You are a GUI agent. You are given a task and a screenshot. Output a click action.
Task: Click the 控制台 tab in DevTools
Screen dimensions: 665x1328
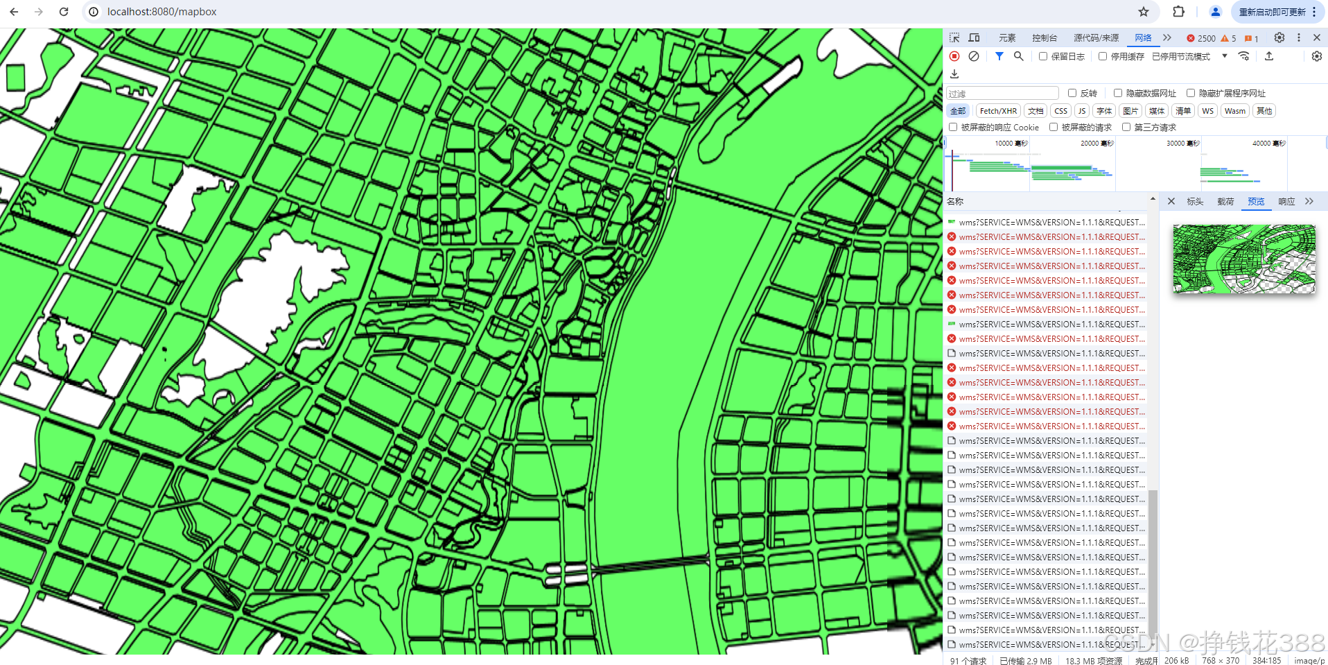(x=1044, y=38)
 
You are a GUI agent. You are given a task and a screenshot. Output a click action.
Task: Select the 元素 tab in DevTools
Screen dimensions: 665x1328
(x=1007, y=38)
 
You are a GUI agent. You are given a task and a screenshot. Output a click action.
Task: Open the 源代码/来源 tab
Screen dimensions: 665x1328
(x=1096, y=38)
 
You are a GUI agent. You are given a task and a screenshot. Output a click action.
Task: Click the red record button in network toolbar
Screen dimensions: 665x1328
(x=954, y=56)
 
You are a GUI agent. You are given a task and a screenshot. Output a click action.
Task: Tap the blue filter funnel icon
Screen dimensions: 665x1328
(x=999, y=56)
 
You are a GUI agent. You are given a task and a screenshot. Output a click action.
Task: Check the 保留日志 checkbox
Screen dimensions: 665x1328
(x=1043, y=56)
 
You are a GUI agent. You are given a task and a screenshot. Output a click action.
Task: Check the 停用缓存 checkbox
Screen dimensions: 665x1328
(x=1103, y=56)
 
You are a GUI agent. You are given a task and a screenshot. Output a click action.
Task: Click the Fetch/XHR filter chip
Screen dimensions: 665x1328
(x=998, y=111)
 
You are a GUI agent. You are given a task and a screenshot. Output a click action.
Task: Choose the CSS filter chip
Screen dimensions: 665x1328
(x=1060, y=111)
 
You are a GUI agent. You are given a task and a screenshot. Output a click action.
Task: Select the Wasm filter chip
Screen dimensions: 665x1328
(x=1234, y=111)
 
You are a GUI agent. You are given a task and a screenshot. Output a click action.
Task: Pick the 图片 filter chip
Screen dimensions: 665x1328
(x=1130, y=111)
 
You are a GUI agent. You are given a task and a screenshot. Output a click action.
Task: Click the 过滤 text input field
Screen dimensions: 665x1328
(x=1002, y=94)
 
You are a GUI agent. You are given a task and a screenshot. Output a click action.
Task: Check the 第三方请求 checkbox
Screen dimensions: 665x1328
(x=1126, y=127)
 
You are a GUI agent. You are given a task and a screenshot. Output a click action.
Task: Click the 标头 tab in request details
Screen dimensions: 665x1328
(x=1195, y=202)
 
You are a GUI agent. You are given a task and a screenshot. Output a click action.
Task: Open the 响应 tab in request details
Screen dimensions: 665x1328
(x=1286, y=202)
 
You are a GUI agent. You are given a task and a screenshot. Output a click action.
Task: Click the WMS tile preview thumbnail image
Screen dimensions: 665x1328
(x=1243, y=259)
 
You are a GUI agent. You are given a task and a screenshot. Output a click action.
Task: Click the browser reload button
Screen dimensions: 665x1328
(x=64, y=12)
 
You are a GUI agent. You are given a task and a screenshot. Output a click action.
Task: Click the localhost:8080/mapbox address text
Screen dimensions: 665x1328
(x=162, y=12)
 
